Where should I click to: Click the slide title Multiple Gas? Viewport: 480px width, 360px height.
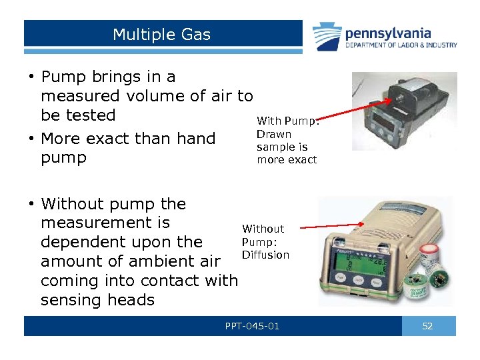pos(161,34)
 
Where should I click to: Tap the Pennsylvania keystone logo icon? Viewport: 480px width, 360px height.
pos(327,37)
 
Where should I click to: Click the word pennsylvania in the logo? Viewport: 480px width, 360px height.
pos(388,34)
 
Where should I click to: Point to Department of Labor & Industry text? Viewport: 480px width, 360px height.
pos(401,45)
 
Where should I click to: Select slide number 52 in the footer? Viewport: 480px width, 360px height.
pos(427,326)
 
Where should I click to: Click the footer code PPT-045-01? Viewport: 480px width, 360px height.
pos(252,326)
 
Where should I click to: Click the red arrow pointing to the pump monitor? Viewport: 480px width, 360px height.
pos(354,109)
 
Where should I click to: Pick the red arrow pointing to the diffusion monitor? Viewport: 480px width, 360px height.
pos(332,226)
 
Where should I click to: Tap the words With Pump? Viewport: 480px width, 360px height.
pos(287,121)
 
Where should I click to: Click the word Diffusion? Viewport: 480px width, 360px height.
pos(265,255)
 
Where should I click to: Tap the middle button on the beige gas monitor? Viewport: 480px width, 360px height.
pos(358,279)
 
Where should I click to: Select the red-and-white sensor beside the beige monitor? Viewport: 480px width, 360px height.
pos(429,255)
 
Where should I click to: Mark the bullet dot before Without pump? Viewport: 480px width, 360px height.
pos(31,203)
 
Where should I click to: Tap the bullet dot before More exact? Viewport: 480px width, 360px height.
pos(31,139)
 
